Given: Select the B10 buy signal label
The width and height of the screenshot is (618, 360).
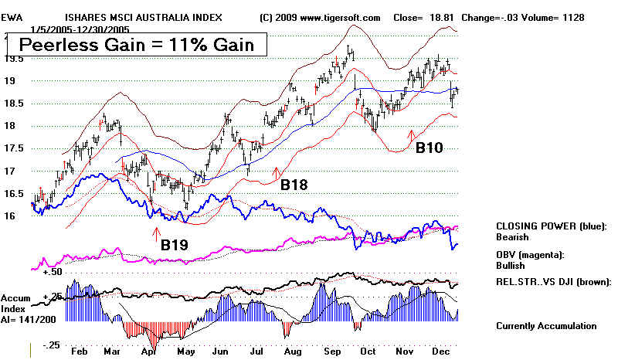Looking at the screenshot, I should pyautogui.click(x=429, y=147).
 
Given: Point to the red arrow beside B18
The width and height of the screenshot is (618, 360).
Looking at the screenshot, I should pyautogui.click(x=277, y=173).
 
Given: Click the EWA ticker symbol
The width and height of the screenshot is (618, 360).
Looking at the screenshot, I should pyautogui.click(x=11, y=17).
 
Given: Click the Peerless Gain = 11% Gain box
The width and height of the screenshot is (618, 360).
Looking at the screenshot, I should pyautogui.click(x=137, y=45).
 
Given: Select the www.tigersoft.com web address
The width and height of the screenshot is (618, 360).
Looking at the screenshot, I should pyautogui.click(x=339, y=17).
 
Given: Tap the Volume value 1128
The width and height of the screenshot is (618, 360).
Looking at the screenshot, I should pyautogui.click(x=572, y=17).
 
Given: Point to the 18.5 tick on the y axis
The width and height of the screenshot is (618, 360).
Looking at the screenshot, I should pyautogui.click(x=13, y=104).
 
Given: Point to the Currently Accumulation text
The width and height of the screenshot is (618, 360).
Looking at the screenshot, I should pyautogui.click(x=546, y=326).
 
